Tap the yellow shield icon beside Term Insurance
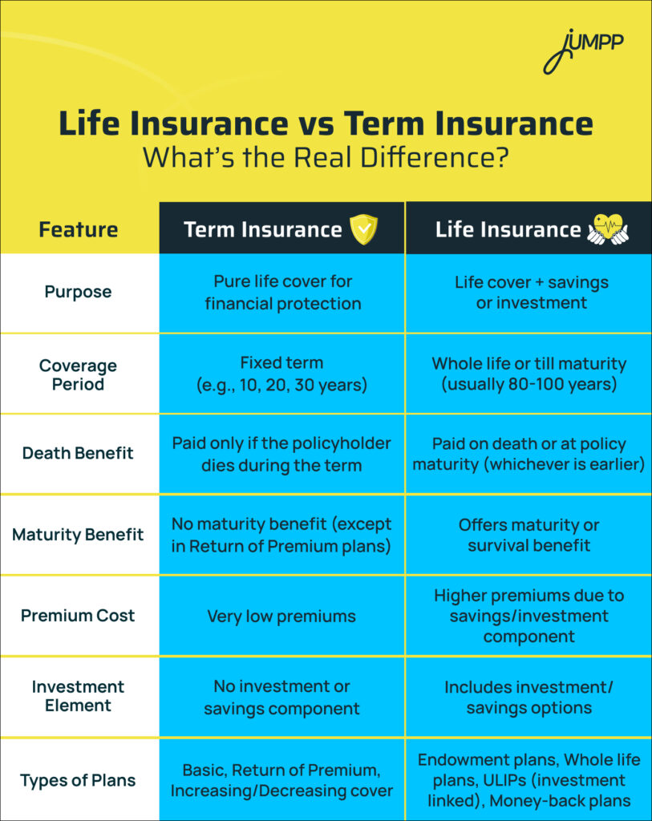[x=363, y=229]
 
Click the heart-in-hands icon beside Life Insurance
[x=607, y=229]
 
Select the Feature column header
[x=79, y=230]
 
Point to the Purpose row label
[x=79, y=292]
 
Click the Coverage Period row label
[x=79, y=374]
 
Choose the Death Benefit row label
[x=79, y=453]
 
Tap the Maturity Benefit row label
[x=79, y=535]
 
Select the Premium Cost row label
[x=79, y=616]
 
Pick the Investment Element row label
[x=79, y=696]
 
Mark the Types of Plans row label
[x=79, y=780]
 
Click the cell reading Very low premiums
[x=282, y=616]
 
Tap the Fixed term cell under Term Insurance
[x=282, y=374]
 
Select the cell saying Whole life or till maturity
[x=528, y=374]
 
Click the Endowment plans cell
[x=528, y=780]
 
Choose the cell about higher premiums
[x=528, y=616]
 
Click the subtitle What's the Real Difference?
[x=326, y=157]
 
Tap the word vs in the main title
[x=316, y=125]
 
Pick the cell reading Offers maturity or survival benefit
[x=528, y=535]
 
